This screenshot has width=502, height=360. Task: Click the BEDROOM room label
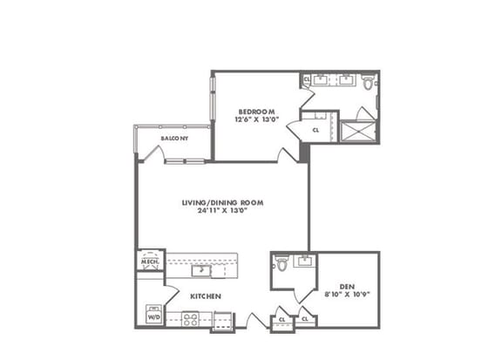click(257, 112)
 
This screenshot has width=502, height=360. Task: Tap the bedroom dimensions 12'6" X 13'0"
click(257, 121)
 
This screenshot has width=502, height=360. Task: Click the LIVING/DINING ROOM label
click(222, 202)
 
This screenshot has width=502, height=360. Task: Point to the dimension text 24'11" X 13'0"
click(222, 211)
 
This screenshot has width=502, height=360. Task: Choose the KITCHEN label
click(206, 296)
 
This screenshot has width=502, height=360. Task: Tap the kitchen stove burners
click(190, 319)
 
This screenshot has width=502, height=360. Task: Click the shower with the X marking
click(358, 131)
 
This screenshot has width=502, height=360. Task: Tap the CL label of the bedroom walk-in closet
click(315, 131)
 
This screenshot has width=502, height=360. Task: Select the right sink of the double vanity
click(346, 81)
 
